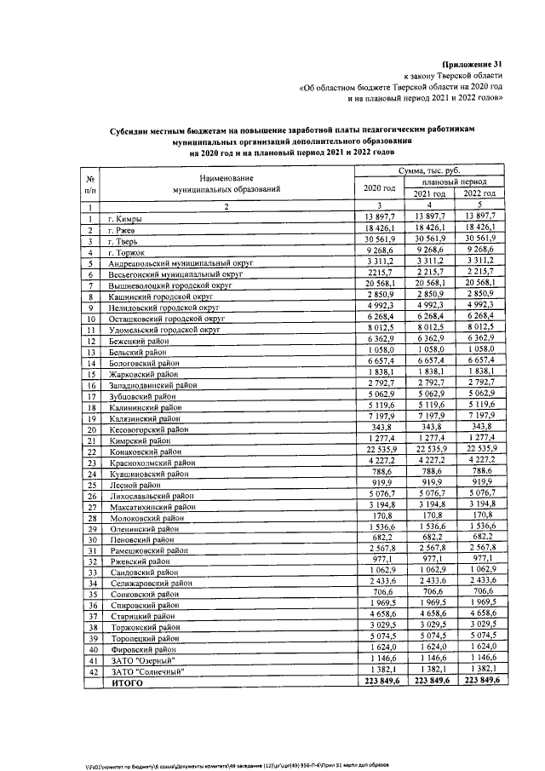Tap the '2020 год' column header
[x=378, y=187]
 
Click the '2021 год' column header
[x=430, y=194]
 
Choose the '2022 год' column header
[x=479, y=194]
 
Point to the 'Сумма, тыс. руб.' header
[x=429, y=171]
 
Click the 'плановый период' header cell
[x=454, y=182]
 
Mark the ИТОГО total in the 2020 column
[x=379, y=682]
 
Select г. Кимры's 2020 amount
[x=379, y=220]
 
